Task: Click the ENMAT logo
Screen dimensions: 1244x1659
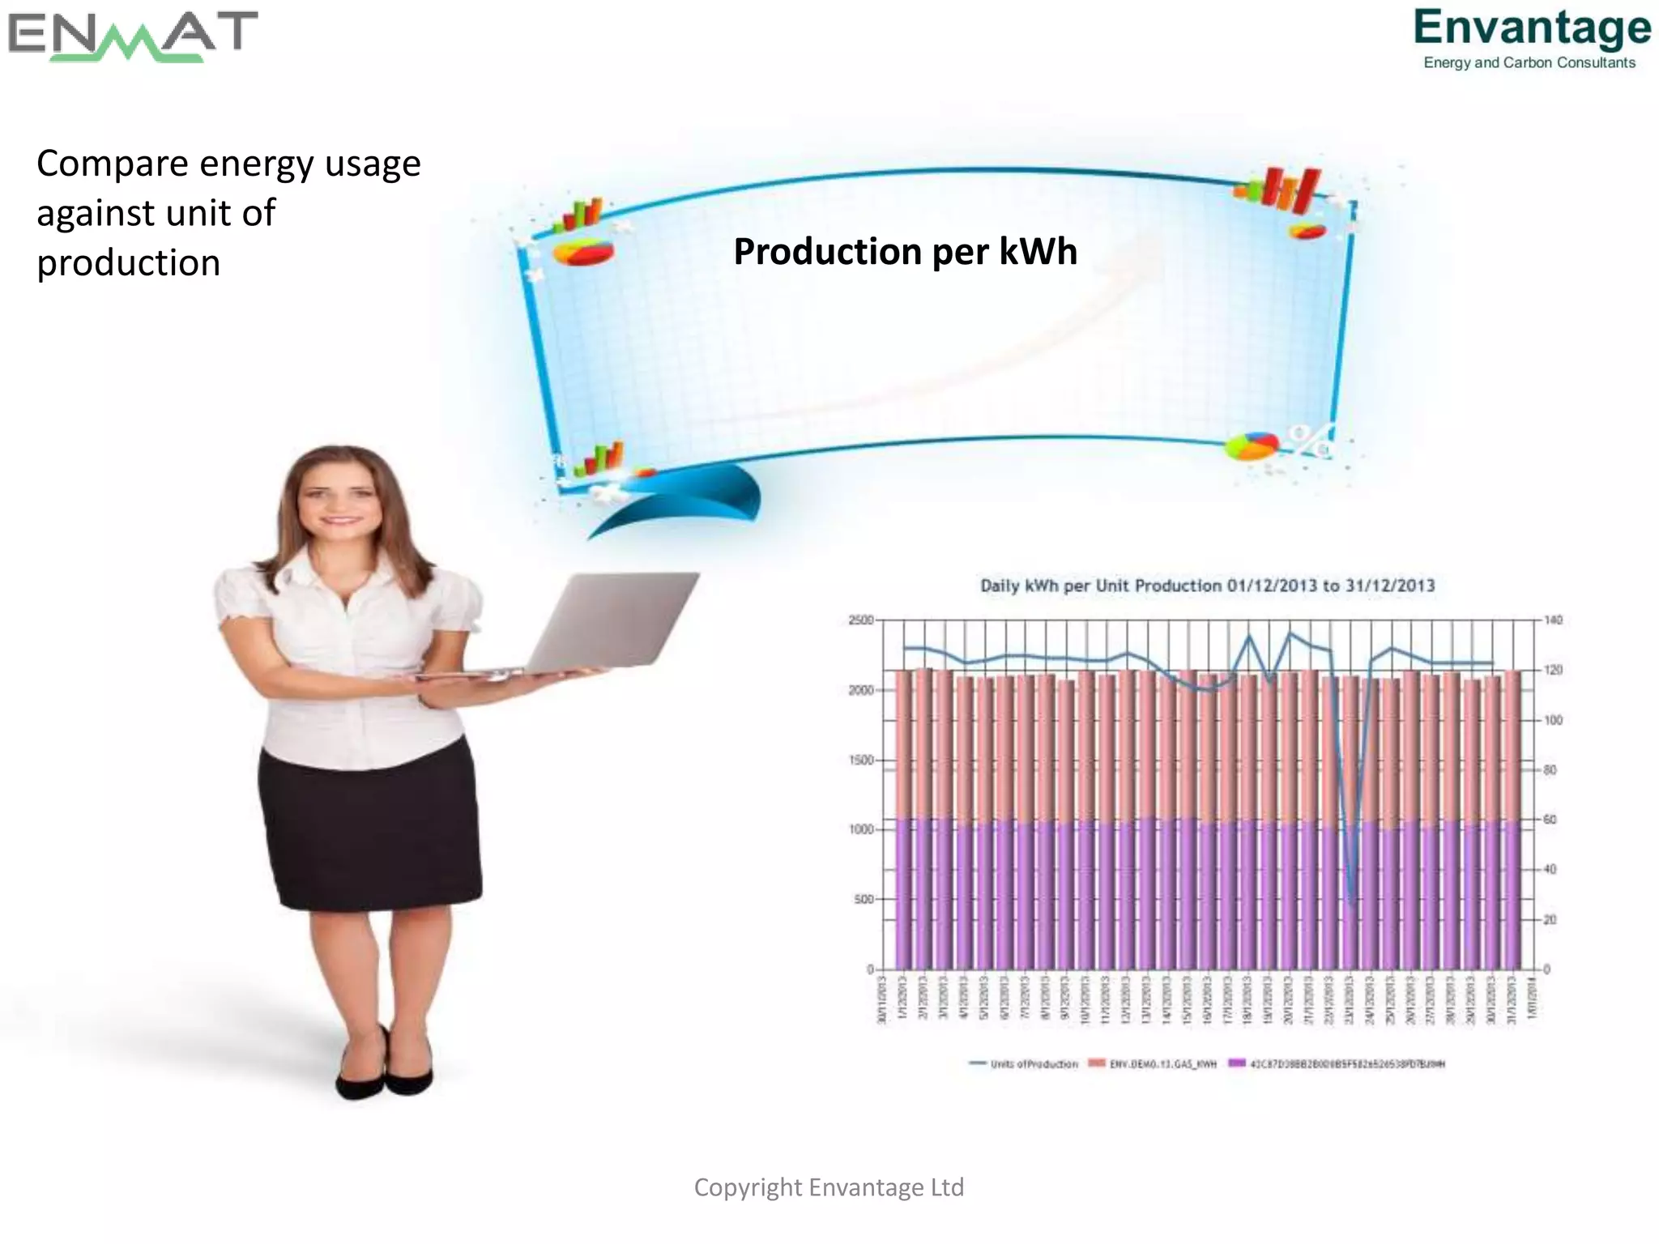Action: tap(132, 36)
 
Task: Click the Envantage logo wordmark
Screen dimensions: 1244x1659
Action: tap(1532, 28)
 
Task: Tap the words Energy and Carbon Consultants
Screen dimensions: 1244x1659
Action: tap(1529, 63)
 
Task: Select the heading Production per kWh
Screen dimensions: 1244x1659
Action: tap(905, 251)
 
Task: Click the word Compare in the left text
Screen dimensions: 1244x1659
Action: tap(112, 164)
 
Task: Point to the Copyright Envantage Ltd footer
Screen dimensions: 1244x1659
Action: tap(829, 1187)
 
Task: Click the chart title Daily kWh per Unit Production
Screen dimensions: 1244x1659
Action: tap(1207, 586)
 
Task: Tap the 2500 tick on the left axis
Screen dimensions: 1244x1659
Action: tap(860, 620)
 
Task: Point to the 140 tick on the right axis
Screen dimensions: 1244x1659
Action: tap(1553, 620)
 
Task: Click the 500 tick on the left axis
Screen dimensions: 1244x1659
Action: tap(864, 899)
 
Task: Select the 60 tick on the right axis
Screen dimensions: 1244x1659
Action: tap(1550, 820)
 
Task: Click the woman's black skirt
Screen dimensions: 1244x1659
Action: tap(369, 826)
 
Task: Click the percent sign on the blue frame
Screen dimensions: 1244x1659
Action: tap(1310, 441)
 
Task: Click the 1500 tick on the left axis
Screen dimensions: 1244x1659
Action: tap(860, 760)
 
